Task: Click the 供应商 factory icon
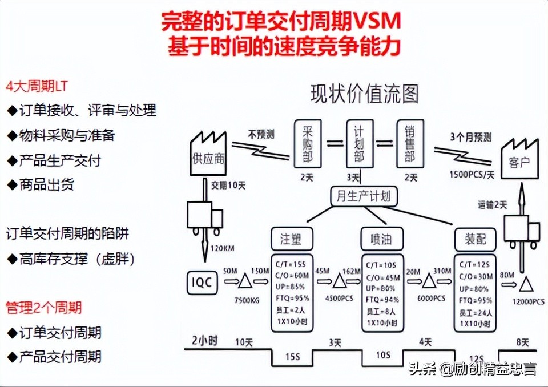click(x=209, y=153)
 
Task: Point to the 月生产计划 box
click(x=364, y=196)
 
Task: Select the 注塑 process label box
click(x=291, y=239)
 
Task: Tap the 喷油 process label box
click(x=382, y=239)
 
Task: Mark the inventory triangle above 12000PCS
click(x=524, y=282)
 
